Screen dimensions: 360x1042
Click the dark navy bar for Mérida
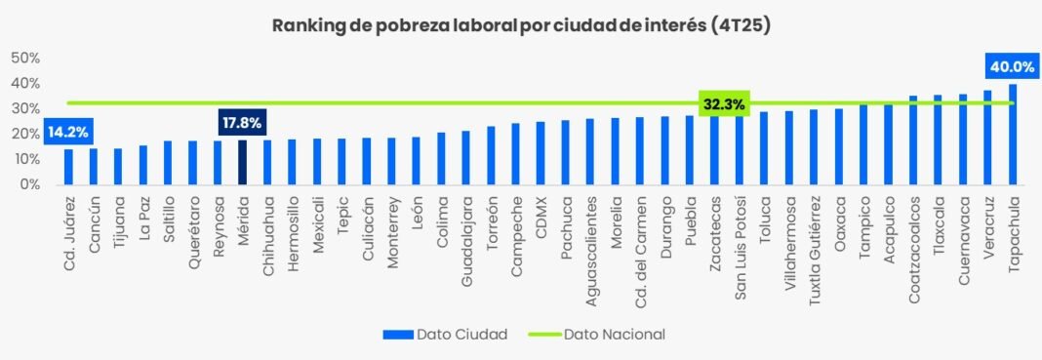click(x=242, y=162)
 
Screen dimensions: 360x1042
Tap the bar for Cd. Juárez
click(x=68, y=167)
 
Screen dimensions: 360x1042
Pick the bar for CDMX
click(x=541, y=153)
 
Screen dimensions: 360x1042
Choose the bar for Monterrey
click(x=391, y=161)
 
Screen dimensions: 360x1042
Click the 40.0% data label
click(x=1012, y=66)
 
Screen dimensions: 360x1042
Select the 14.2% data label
click(x=67, y=132)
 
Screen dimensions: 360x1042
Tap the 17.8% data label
click(x=242, y=123)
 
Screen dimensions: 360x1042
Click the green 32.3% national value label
click(x=724, y=103)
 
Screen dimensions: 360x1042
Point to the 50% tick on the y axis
click(x=24, y=58)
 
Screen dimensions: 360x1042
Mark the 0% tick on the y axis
click(x=28, y=184)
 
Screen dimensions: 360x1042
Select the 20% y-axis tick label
click(x=24, y=134)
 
